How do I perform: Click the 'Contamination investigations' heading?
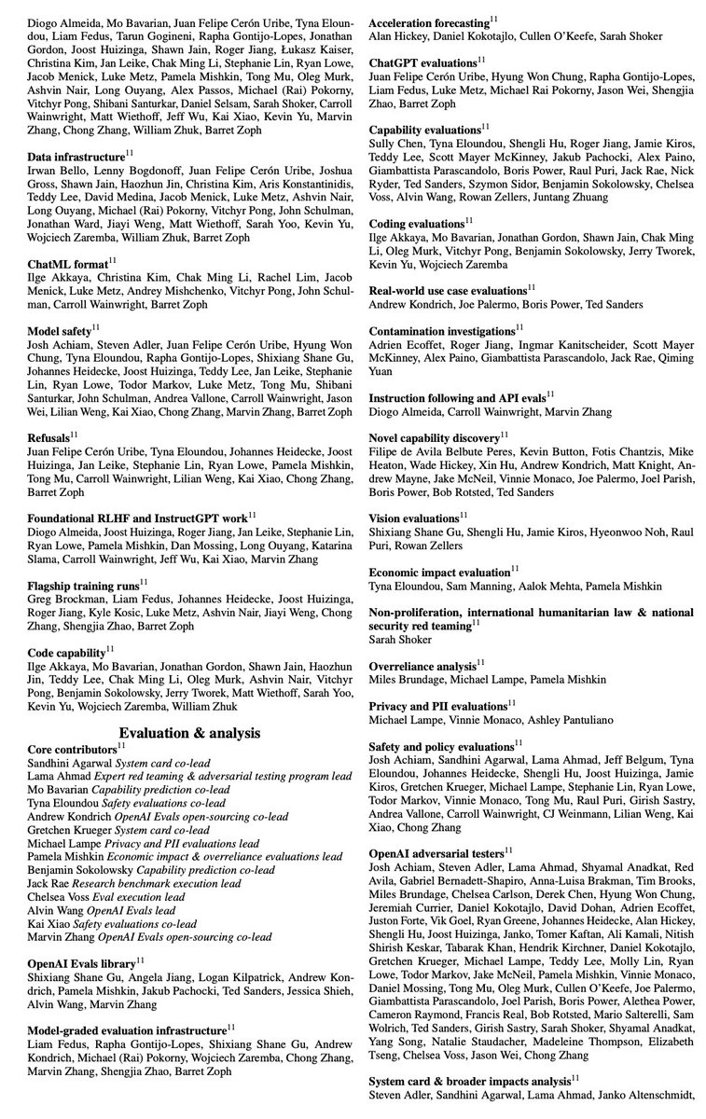point(442,330)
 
